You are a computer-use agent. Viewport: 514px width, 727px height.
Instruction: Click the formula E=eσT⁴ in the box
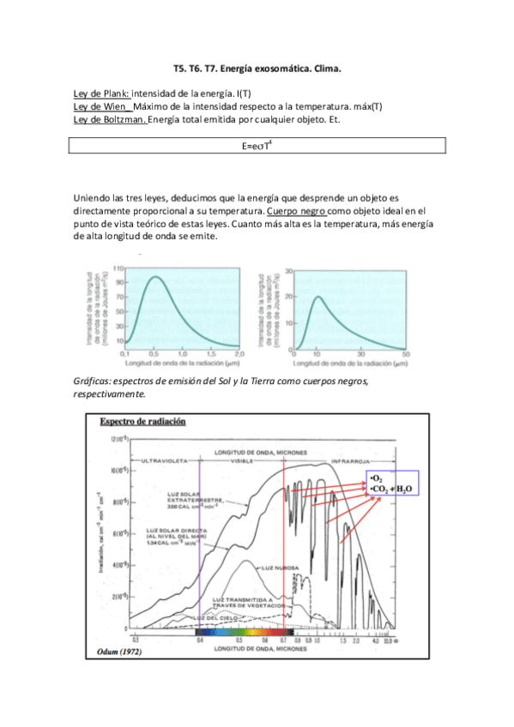257,147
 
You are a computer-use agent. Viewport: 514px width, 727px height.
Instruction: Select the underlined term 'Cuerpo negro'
296,210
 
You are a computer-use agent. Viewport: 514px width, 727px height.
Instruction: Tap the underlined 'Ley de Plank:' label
101,93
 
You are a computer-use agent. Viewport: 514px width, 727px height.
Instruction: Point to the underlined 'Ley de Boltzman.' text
110,120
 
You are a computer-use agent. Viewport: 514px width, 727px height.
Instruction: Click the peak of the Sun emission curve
155,276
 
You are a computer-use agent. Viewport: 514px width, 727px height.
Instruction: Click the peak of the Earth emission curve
317,297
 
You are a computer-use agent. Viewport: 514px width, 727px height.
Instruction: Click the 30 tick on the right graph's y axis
289,272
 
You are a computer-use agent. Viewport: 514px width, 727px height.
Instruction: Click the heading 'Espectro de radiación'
142,422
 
